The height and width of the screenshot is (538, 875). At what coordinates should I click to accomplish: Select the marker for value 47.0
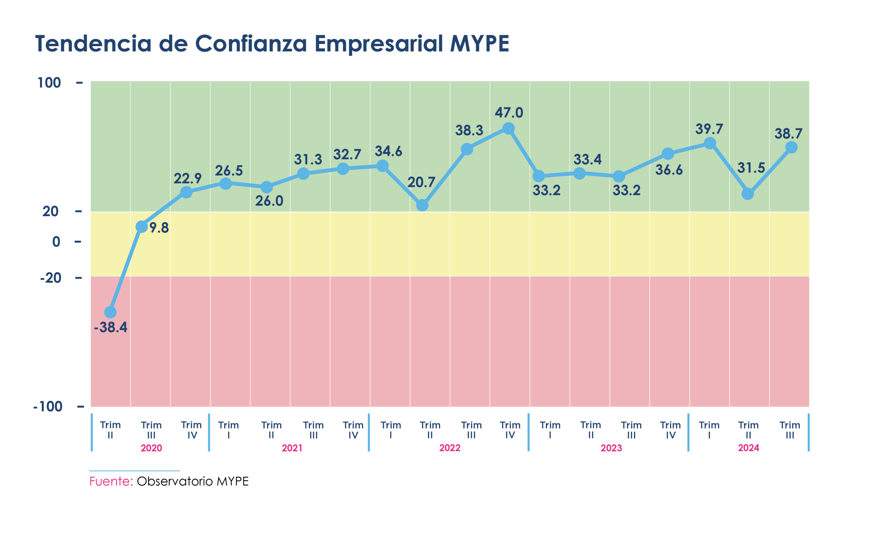tap(509, 129)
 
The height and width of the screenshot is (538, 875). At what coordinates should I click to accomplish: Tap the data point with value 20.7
tap(422, 205)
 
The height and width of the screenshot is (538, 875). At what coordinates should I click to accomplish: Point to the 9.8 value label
tap(159, 228)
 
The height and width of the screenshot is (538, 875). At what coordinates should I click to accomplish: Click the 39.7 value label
tap(709, 129)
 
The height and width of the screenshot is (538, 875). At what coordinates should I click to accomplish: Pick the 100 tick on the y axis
tap(49, 83)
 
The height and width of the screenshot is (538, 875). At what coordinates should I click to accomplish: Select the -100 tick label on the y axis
tap(48, 406)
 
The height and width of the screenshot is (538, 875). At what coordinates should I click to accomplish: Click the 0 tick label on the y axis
tap(56, 242)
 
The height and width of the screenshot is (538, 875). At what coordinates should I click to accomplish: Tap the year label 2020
tap(151, 448)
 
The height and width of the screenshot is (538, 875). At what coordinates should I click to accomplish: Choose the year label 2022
tap(449, 448)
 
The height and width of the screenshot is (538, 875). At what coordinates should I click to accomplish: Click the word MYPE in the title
tap(480, 43)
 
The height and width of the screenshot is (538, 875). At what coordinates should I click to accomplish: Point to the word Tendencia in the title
tap(94, 43)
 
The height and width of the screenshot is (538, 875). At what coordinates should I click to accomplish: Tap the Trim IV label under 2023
tap(670, 430)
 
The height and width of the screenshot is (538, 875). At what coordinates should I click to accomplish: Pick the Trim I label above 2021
tap(228, 430)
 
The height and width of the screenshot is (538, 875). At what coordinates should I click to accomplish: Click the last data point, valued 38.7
tap(791, 147)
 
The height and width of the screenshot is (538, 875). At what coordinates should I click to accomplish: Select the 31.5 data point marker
tap(748, 194)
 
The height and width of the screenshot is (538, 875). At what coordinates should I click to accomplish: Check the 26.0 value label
tap(269, 201)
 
